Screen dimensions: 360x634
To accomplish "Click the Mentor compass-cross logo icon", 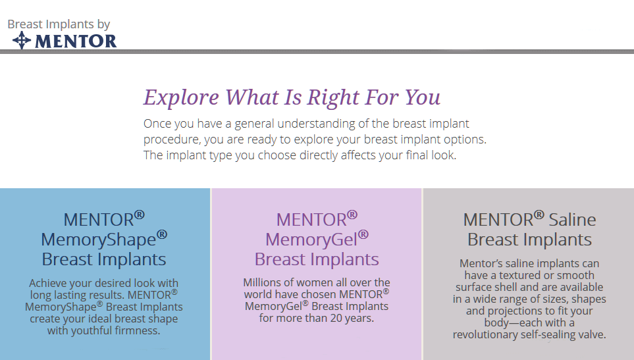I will (x=22, y=41).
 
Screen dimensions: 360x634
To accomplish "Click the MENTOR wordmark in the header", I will (x=75, y=41).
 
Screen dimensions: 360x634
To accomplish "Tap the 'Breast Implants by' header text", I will (x=59, y=24).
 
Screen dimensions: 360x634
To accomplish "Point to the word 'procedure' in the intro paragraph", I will (x=172, y=140).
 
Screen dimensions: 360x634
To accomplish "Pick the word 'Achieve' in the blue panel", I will (x=51, y=283).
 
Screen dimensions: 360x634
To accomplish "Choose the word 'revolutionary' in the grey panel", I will (x=485, y=334).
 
